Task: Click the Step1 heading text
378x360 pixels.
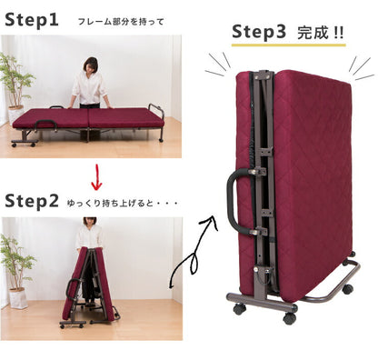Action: (x=32, y=20)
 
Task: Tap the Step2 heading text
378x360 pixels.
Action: (x=32, y=201)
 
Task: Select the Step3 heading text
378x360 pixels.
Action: (x=259, y=32)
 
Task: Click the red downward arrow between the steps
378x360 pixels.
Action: (x=96, y=177)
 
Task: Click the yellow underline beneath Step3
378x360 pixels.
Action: (x=289, y=45)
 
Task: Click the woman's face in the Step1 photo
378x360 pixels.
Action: (x=90, y=66)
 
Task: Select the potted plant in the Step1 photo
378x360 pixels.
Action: (x=15, y=88)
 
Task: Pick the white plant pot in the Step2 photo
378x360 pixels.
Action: (x=18, y=298)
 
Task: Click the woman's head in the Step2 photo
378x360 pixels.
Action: (x=90, y=221)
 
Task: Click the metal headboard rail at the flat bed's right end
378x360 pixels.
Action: (x=156, y=111)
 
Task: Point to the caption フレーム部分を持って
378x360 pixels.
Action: (x=121, y=22)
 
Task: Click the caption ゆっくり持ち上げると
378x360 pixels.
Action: (x=110, y=204)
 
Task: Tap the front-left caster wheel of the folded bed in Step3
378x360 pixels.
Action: (x=240, y=309)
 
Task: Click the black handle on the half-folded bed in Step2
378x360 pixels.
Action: (x=72, y=289)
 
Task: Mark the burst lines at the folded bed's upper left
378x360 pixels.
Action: (x=218, y=64)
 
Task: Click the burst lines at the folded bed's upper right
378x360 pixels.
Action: (x=361, y=69)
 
